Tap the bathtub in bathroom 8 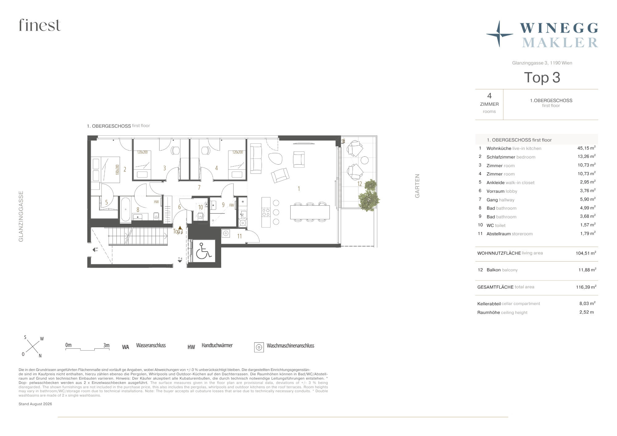pyautogui.click(x=125, y=209)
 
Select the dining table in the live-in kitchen pyautogui.click(x=310, y=212)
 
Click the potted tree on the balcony pyautogui.click(x=369, y=196)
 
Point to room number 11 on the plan pyautogui.click(x=239, y=236)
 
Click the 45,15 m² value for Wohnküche pyautogui.click(x=586, y=148)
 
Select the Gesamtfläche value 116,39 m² pyautogui.click(x=586, y=287)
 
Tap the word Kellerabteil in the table pyautogui.click(x=489, y=304)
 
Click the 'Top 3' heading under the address pyautogui.click(x=542, y=77)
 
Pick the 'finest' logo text pyautogui.click(x=40, y=25)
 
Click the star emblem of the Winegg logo pyautogui.click(x=499, y=34)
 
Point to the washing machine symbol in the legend pyautogui.click(x=259, y=347)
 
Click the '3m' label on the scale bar pyautogui.click(x=106, y=345)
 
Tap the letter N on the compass pyautogui.click(x=40, y=356)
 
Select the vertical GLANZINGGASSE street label pyautogui.click(x=21, y=216)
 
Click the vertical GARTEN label pyautogui.click(x=417, y=186)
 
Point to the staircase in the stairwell pyautogui.click(x=138, y=236)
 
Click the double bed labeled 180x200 pyautogui.click(x=106, y=170)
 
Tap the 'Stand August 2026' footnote pyautogui.click(x=35, y=404)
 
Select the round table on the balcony pyautogui.click(x=365, y=160)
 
